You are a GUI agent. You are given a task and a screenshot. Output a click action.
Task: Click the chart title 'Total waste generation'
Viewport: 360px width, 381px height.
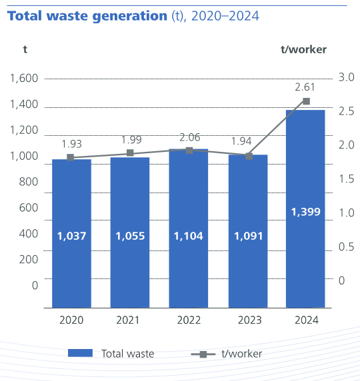pyautogui.click(x=83, y=15)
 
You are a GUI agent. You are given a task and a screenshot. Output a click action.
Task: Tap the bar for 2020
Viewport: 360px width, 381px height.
pyautogui.click(x=71, y=233)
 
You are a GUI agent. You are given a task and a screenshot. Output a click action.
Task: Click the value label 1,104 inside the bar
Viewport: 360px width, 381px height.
pyautogui.click(x=188, y=236)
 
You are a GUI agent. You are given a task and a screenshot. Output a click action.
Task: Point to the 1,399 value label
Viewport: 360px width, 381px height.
pyautogui.click(x=305, y=212)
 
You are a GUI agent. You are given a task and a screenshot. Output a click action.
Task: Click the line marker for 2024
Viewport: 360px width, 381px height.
pyautogui.click(x=306, y=101)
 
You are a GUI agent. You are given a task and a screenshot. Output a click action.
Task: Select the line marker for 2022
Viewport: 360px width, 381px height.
pyautogui.click(x=189, y=151)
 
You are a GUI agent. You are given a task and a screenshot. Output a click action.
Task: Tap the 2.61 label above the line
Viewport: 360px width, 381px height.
pyautogui.click(x=305, y=87)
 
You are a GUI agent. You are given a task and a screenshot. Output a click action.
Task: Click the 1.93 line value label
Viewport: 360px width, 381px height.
pyautogui.click(x=72, y=144)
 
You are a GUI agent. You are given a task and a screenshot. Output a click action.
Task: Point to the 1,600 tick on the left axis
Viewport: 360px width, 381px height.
pyautogui.click(x=24, y=79)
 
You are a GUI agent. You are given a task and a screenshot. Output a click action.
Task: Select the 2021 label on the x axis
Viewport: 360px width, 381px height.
pyautogui.click(x=129, y=320)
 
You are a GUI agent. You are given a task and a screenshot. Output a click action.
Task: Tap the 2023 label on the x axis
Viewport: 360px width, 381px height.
pyautogui.click(x=247, y=320)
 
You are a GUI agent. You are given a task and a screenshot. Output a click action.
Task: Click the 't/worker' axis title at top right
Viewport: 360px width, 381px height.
pyautogui.click(x=304, y=49)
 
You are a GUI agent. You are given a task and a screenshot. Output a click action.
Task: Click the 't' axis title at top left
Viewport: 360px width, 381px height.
pyautogui.click(x=25, y=49)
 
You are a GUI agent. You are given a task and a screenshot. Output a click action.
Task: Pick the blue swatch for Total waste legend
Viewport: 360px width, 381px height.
pyautogui.click(x=80, y=354)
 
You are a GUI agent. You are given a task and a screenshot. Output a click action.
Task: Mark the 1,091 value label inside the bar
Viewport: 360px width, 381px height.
pyautogui.click(x=247, y=236)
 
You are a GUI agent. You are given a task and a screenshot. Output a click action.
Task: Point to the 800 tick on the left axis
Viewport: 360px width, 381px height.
pyautogui.click(x=28, y=181)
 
